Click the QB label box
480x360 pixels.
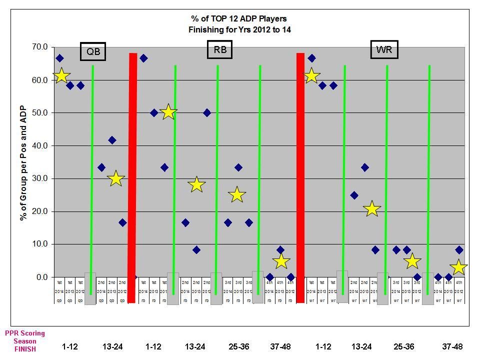(93, 51)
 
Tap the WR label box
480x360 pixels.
(384, 49)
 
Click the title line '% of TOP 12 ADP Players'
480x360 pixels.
(239, 20)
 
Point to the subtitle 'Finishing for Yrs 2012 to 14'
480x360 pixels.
(239, 29)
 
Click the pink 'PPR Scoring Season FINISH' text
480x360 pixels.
(25, 341)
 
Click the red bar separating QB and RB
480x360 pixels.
(132, 177)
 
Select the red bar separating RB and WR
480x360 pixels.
(300, 177)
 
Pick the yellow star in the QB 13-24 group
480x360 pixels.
(115, 178)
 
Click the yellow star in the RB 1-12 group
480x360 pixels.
(168, 112)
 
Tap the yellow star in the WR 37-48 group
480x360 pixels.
(458, 267)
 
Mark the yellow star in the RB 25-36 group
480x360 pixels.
(237, 195)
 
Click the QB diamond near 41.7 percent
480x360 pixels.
(112, 140)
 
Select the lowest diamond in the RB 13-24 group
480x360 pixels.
(196, 250)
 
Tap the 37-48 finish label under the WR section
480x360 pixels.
(452, 346)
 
